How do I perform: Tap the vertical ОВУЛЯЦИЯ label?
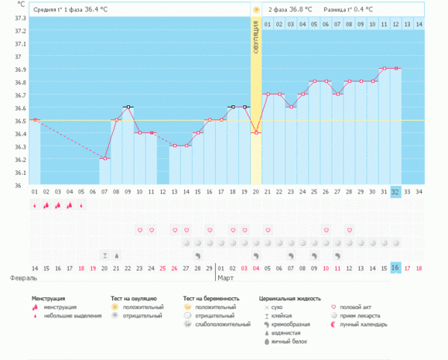tap(256, 49)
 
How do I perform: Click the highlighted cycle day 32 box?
tap(396, 192)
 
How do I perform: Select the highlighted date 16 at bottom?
tap(396, 268)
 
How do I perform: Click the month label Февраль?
tap(23, 278)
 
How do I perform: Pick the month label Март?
tap(225, 278)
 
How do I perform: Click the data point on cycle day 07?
tap(105, 158)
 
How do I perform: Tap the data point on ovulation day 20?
tap(256, 133)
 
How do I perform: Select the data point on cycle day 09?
tap(128, 107)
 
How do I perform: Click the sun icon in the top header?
tap(256, 10)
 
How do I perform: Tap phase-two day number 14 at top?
tap(419, 25)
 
